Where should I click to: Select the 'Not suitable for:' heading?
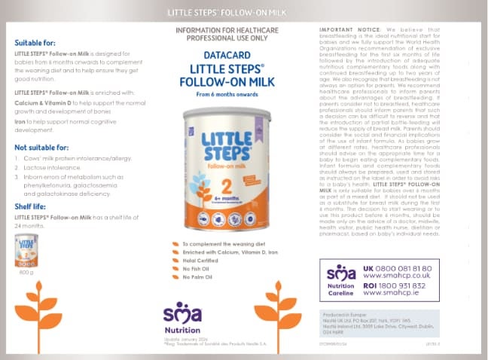coord(41,148)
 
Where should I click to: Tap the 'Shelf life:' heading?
coord(32,206)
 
